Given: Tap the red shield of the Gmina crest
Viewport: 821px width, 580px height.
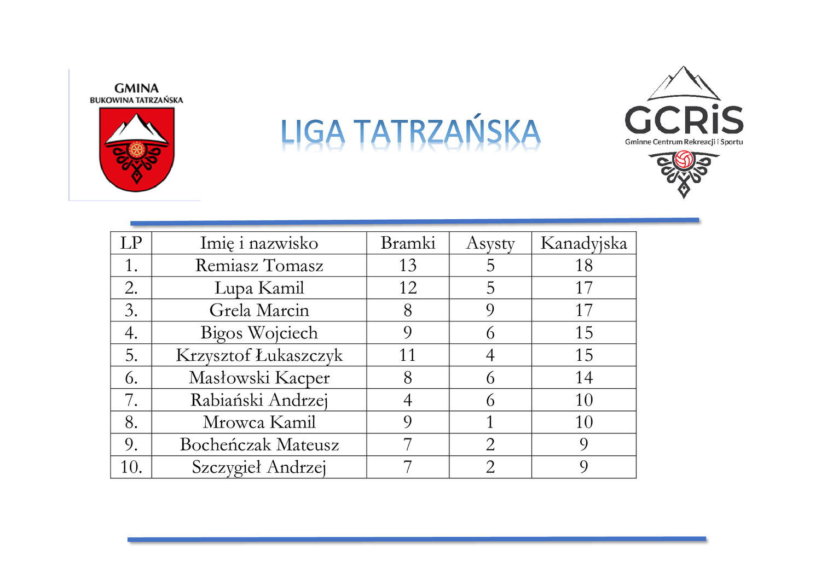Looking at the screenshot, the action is click(137, 149).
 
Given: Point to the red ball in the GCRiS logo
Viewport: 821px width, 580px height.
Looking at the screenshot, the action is click(684, 160).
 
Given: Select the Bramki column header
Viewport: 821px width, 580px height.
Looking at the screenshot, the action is click(408, 243).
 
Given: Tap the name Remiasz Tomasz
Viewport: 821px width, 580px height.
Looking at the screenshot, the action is click(259, 266).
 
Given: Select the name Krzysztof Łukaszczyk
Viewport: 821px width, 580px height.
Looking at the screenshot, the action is click(259, 355).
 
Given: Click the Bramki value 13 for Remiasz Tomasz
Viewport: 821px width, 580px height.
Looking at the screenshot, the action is click(408, 266).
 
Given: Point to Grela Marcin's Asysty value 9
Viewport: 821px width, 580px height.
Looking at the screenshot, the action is click(490, 310).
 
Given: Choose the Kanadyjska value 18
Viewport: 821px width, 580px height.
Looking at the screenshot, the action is click(584, 266).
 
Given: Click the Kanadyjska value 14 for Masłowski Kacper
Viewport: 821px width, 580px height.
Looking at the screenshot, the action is click(584, 378).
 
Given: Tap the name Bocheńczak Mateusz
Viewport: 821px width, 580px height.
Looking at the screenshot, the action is click(259, 444).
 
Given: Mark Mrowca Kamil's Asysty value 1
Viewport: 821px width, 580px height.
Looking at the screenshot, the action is click(490, 422).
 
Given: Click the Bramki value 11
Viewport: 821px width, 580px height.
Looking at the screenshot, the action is click(408, 355).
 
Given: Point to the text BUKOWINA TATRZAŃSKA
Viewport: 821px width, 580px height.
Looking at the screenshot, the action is click(136, 99).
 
